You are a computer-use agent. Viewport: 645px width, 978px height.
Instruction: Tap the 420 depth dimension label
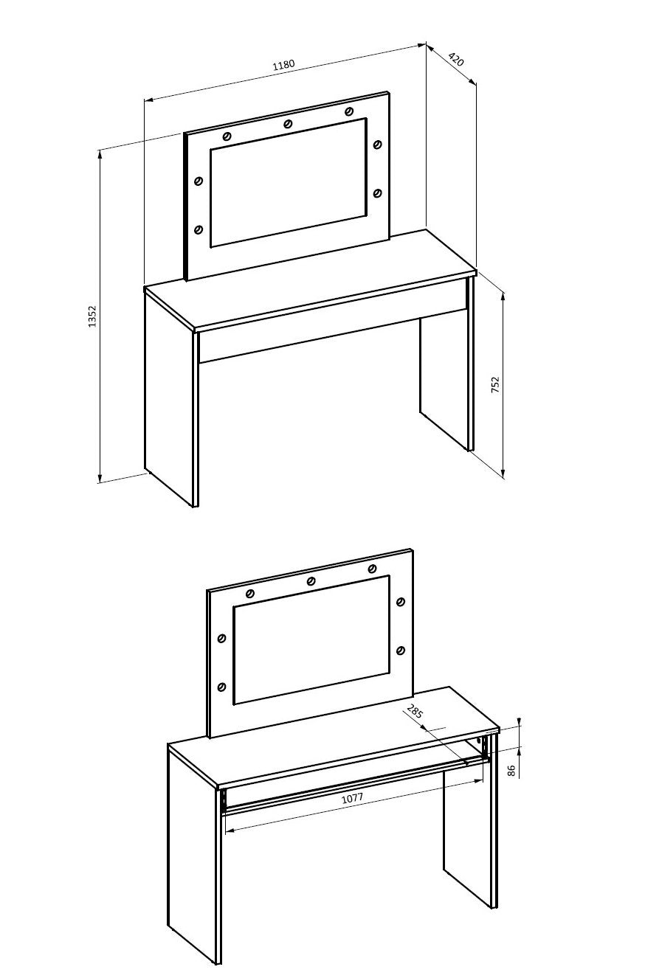click(x=456, y=59)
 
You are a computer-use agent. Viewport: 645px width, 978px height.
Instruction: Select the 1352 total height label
click(x=92, y=316)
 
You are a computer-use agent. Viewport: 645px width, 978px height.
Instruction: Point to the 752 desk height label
click(x=495, y=385)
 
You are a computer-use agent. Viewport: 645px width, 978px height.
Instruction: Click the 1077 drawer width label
click(x=352, y=798)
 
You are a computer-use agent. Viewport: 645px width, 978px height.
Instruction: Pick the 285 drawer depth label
click(x=415, y=712)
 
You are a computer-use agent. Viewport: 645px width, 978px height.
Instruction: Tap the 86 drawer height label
click(x=511, y=771)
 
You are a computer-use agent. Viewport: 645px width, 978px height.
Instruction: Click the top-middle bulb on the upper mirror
click(x=288, y=124)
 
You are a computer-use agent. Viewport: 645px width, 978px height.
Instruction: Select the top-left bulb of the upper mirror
click(x=227, y=136)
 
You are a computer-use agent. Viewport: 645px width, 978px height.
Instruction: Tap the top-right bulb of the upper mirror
click(x=349, y=111)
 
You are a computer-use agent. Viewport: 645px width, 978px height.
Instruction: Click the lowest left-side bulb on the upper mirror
click(x=199, y=229)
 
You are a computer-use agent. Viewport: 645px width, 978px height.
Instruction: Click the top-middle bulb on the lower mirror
click(x=311, y=580)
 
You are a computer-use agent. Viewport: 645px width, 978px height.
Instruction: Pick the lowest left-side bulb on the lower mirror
click(x=221, y=687)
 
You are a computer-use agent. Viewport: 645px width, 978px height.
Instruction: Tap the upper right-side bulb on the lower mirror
click(x=401, y=602)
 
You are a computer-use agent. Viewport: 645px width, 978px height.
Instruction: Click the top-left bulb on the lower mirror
click(x=250, y=593)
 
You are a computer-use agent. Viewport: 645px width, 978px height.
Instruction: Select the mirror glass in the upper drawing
click(x=289, y=182)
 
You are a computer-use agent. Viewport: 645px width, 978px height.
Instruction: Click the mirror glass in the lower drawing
click(x=311, y=640)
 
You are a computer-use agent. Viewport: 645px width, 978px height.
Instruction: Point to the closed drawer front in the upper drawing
click(x=332, y=331)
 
